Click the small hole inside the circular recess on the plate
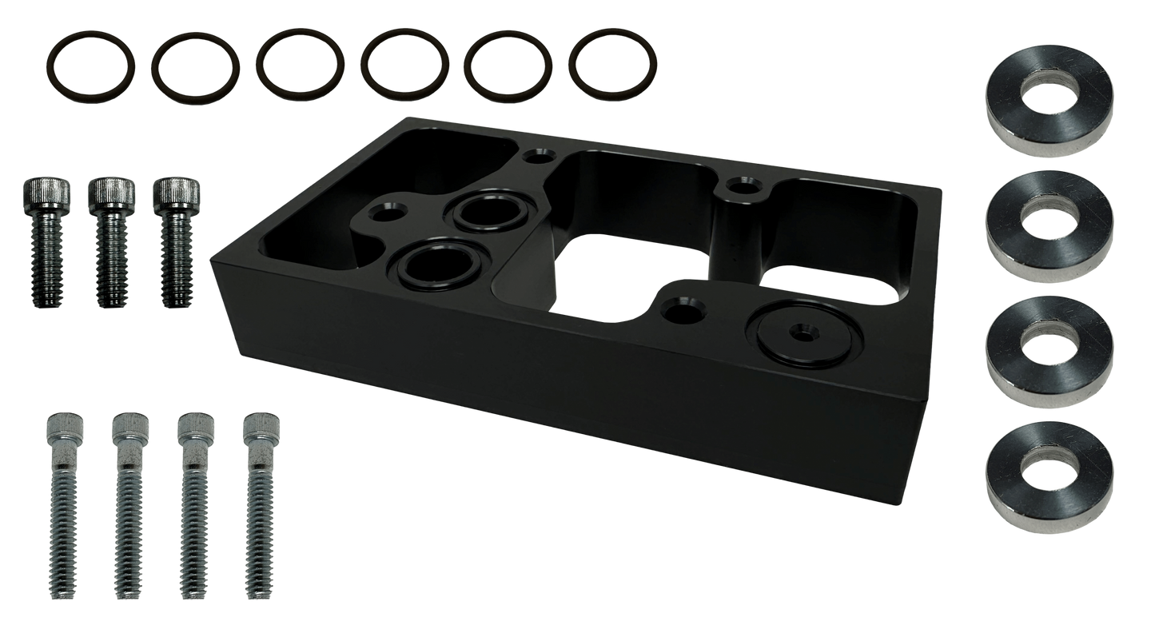[801, 329]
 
